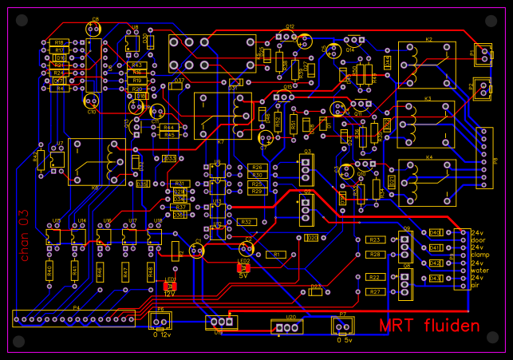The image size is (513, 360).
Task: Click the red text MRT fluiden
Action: tap(429, 326)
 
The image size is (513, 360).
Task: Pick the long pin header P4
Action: tap(73, 318)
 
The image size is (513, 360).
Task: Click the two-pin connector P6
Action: tap(160, 321)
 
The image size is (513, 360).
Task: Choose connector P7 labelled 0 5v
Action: tap(343, 326)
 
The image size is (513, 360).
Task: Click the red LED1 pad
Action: tap(170, 286)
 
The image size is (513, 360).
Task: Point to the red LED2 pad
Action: tap(243, 268)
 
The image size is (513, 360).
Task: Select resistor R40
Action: tap(49, 271)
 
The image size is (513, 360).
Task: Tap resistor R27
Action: tap(374, 292)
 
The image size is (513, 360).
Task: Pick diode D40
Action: tap(435, 232)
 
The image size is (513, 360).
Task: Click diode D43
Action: tap(435, 278)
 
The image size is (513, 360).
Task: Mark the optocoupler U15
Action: tap(53, 236)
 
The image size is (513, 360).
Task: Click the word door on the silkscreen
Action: tap(477, 240)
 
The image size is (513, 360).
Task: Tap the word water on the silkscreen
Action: tap(479, 270)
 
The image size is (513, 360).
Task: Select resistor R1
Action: tap(275, 255)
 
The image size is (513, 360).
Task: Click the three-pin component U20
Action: tap(290, 326)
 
